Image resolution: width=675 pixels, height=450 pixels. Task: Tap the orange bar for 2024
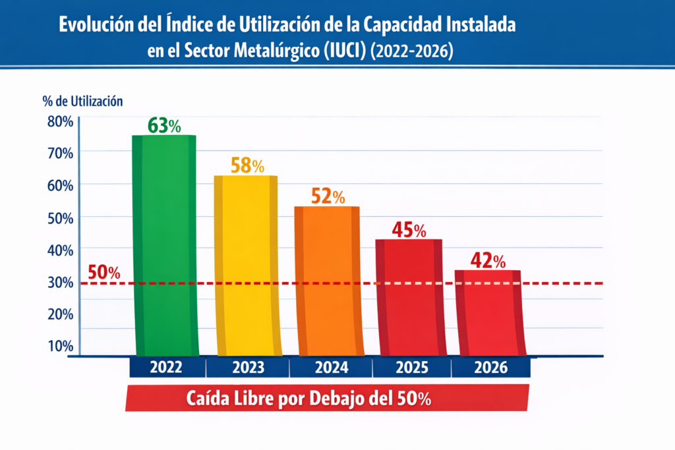(x=327, y=281)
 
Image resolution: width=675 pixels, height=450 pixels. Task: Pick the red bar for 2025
(x=409, y=296)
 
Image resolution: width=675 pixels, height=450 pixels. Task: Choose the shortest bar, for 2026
(x=488, y=312)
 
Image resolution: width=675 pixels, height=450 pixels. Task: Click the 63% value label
(x=164, y=125)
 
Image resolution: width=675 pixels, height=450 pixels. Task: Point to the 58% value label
(x=247, y=165)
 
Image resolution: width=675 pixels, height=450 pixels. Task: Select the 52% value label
(x=328, y=196)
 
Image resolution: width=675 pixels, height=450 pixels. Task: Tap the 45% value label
(x=409, y=229)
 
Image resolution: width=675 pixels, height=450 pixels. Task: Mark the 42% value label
(x=488, y=261)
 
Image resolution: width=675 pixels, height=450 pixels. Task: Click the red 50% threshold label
(x=104, y=271)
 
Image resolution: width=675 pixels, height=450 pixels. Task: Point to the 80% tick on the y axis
(x=60, y=121)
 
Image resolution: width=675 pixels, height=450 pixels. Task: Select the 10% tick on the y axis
(x=60, y=346)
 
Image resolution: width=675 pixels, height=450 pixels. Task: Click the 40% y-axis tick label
(x=60, y=250)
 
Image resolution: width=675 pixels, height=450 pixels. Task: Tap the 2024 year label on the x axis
(x=330, y=368)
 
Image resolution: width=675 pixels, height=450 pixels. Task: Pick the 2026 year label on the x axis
(x=491, y=368)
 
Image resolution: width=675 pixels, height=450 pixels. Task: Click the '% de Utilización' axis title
(x=82, y=101)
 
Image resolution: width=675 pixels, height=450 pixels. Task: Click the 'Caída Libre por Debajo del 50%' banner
(x=327, y=398)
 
